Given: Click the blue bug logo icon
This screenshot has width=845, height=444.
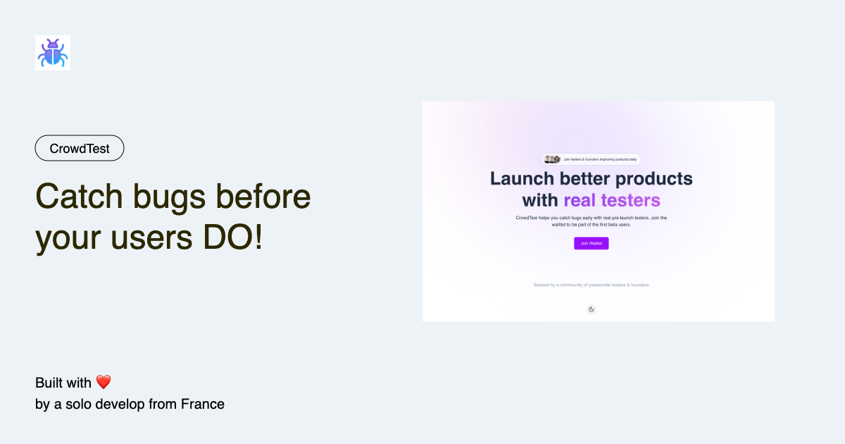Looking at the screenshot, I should point(53,53).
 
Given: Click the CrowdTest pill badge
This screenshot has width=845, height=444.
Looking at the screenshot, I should point(80,149).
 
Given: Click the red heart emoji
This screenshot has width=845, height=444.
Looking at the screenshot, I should point(104,383).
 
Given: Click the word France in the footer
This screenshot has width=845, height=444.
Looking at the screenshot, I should point(203,404).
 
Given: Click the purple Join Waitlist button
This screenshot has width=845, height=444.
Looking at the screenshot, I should point(591,243).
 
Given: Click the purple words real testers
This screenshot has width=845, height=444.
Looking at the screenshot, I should point(612,200).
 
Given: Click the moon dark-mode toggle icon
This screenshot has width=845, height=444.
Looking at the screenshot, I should point(591,309).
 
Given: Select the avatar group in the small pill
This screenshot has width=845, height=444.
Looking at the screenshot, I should point(552,159).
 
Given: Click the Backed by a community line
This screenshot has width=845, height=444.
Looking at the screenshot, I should point(591,285).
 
